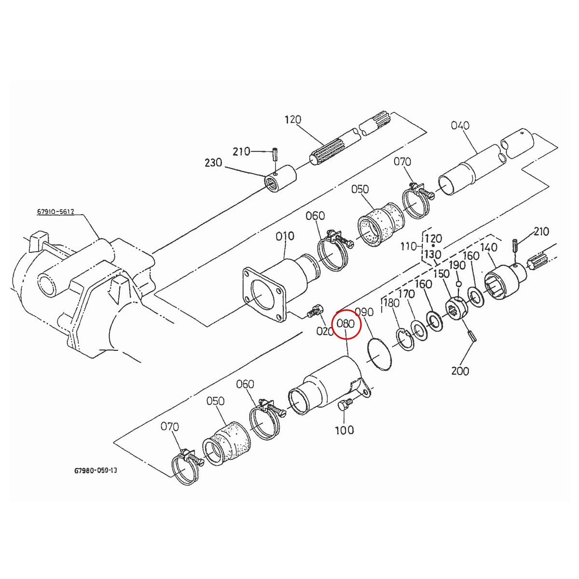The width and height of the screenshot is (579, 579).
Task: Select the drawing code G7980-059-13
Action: (96, 469)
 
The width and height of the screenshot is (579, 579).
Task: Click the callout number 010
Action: (285, 236)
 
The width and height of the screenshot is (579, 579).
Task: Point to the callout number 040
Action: (460, 125)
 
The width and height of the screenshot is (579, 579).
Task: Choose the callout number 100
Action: (344, 430)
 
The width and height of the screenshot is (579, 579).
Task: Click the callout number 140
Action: (489, 247)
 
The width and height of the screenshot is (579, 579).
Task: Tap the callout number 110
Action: (409, 247)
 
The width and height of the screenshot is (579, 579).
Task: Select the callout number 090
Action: (364, 312)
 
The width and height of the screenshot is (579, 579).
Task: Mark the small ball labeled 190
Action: (459, 284)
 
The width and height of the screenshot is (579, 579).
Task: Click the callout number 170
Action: (407, 294)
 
